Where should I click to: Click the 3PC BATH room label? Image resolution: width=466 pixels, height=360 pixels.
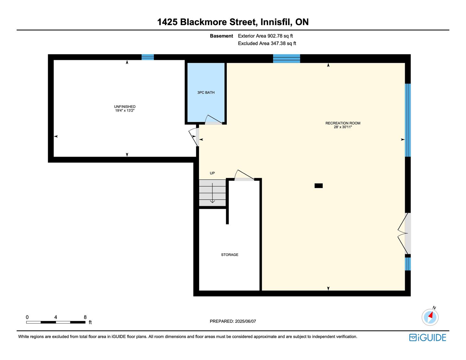(x=206, y=93)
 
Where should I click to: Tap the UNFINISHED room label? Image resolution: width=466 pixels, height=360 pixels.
(x=125, y=106)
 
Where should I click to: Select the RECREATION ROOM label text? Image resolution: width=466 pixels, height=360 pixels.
(x=343, y=123)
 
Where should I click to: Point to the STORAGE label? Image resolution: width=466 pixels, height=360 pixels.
(x=230, y=255)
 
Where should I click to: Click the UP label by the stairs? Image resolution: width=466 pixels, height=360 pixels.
(x=212, y=173)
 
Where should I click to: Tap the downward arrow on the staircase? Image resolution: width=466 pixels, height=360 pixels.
(x=212, y=193)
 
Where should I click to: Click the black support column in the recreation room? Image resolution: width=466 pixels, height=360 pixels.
(x=318, y=186)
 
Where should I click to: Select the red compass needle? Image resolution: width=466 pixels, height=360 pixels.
(x=431, y=315)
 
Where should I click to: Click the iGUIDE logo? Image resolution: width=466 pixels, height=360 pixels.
(x=427, y=337)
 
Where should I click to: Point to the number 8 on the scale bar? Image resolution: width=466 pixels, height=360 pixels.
(x=85, y=317)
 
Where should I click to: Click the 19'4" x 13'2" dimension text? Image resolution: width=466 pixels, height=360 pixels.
(x=125, y=110)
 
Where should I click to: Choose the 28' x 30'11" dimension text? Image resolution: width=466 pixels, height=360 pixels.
(x=343, y=127)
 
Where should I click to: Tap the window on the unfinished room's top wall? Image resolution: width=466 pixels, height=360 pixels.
(x=148, y=57)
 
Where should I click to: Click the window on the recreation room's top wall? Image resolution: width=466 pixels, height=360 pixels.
(x=286, y=58)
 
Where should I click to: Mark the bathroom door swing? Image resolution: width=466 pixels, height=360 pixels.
(x=214, y=120)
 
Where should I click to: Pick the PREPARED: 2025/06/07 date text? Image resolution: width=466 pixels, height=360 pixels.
(x=233, y=321)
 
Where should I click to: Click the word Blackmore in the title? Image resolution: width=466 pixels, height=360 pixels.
(x=203, y=22)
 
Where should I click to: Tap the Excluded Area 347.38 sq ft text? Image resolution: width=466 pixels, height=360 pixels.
(x=267, y=44)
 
